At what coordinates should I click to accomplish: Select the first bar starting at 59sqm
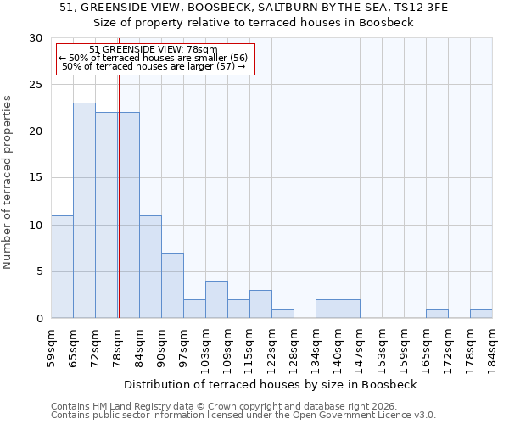point(62,266)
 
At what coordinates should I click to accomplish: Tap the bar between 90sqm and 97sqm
point(172,285)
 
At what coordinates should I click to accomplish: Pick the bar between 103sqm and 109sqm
point(216,299)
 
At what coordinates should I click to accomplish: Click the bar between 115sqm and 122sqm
point(260,304)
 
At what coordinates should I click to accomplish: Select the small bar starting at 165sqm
point(437,313)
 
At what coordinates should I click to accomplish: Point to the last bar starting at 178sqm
point(481,313)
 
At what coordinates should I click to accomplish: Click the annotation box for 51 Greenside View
point(154,59)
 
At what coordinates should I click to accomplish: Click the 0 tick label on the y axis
point(39,319)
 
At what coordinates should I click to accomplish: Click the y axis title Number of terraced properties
point(8,181)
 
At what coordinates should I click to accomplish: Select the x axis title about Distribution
point(271,384)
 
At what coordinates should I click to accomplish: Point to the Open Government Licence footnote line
point(243,416)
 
